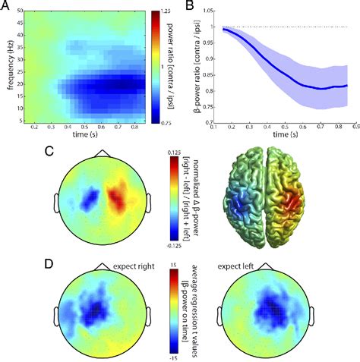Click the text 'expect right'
point(134,267)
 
